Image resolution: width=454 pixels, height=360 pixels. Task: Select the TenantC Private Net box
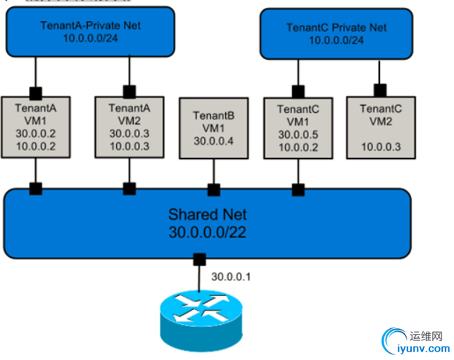[x=336, y=33]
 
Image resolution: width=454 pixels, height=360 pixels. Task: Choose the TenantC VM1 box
[x=298, y=128]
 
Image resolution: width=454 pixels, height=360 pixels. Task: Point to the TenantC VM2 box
[x=381, y=128]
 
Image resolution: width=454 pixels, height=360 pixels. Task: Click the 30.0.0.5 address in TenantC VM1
[x=298, y=134]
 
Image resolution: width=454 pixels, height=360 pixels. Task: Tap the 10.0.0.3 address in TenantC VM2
[x=381, y=146]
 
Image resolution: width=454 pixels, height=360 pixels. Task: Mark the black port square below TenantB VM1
[x=213, y=189]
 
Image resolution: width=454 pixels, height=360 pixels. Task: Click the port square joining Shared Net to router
[x=200, y=258]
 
